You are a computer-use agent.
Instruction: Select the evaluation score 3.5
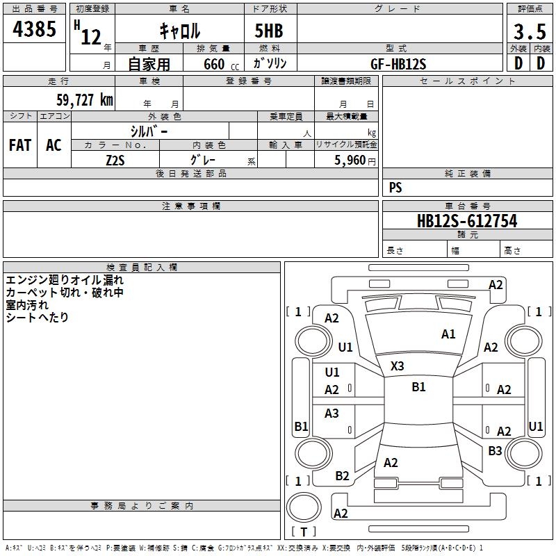528,32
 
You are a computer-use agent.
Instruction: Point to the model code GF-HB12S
398,64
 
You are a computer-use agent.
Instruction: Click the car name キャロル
179,31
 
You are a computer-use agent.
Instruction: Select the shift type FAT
20,145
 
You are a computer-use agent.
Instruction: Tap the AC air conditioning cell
54,145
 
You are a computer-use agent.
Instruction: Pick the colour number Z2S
115,160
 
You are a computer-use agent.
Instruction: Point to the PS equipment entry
395,188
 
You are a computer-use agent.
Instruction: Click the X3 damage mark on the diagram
397,366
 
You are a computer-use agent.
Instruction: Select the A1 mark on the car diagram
448,334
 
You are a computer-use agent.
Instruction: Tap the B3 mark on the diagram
495,451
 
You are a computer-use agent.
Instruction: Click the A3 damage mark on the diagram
332,414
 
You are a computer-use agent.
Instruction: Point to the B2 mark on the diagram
342,476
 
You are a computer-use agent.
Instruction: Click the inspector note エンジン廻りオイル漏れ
65,280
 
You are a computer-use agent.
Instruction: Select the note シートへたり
37,318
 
